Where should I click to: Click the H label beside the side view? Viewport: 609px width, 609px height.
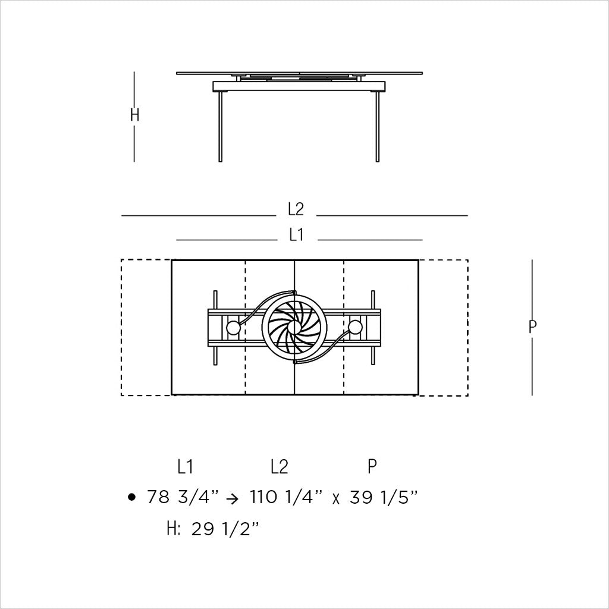click(x=135, y=115)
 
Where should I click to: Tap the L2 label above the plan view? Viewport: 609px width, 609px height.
click(x=296, y=209)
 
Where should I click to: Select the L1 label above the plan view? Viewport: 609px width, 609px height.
click(x=296, y=236)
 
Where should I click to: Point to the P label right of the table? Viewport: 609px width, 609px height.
click(x=532, y=327)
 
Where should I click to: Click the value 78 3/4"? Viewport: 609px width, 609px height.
click(x=183, y=497)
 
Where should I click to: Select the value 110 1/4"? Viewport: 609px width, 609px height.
click(x=286, y=497)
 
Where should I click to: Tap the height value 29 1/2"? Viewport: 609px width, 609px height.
click(x=227, y=529)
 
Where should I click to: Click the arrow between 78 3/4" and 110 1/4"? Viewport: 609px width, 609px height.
click(x=234, y=498)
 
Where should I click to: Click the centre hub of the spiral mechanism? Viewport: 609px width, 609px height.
click(x=295, y=327)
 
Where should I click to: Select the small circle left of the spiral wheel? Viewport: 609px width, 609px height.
click(x=233, y=327)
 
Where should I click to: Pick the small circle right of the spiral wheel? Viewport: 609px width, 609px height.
click(x=356, y=327)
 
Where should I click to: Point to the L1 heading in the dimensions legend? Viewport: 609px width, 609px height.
click(x=185, y=467)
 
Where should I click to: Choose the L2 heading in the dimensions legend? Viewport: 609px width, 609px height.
click(x=279, y=467)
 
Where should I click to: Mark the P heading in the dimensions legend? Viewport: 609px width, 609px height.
click(x=372, y=467)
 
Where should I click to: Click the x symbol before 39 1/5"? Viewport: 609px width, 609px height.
click(x=336, y=499)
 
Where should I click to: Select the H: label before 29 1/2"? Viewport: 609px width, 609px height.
click(x=174, y=529)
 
